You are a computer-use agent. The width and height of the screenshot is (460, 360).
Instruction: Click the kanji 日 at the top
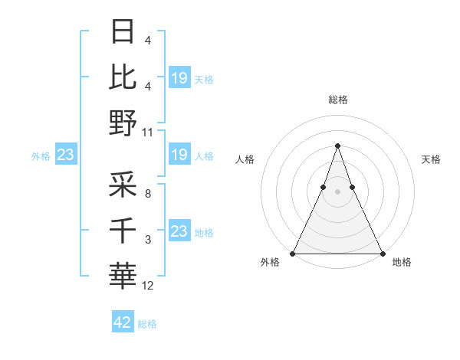coord(124,32)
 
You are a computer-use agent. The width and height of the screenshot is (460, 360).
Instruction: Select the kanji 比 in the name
coord(124,77)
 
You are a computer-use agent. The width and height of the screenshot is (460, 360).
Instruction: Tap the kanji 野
coord(124,122)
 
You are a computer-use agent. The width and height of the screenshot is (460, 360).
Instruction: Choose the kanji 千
coord(124,230)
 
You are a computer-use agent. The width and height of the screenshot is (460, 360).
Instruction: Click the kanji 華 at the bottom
coord(124,274)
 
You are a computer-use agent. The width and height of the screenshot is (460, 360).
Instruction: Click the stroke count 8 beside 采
coord(147,195)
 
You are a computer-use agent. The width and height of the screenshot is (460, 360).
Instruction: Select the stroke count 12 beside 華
coord(148,286)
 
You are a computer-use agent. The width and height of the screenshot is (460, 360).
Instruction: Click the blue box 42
coord(123,322)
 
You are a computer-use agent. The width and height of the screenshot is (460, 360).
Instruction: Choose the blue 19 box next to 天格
coord(179,77)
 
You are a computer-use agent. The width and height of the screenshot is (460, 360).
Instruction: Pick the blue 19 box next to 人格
coord(179,155)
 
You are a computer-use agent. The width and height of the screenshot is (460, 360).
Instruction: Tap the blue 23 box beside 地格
coord(179,231)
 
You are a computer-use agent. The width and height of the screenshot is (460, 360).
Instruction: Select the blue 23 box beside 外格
coord(65,155)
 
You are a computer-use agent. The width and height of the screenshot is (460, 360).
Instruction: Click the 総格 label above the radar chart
coord(337,100)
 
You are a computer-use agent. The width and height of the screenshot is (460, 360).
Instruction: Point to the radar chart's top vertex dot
coord(337,146)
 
